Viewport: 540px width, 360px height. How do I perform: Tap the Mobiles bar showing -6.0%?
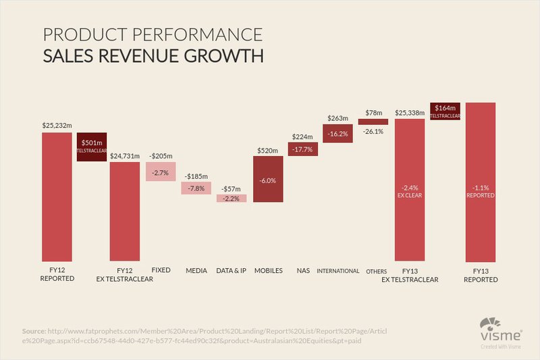tap(268, 180)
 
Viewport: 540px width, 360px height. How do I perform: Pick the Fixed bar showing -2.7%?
tap(161, 172)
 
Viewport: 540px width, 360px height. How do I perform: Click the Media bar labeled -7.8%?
tap(196, 188)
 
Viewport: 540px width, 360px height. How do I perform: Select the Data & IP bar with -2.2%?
tap(231, 198)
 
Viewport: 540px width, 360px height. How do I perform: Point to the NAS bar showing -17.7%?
tap(302, 149)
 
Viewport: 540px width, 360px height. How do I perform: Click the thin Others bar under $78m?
tap(373, 122)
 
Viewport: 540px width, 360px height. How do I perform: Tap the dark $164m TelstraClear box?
tap(445, 111)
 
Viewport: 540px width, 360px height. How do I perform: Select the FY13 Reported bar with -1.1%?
tap(481, 182)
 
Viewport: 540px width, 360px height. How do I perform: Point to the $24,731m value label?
tap(125, 155)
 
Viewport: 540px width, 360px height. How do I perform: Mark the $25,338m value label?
tap(410, 113)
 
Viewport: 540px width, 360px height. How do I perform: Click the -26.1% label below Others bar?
tap(373, 132)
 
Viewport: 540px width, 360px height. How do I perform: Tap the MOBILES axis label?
tap(268, 271)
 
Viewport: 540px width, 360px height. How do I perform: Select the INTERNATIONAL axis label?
tap(337, 271)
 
